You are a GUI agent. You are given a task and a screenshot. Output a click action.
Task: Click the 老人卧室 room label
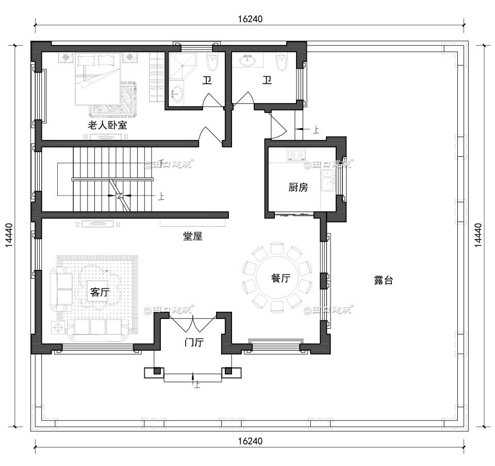[x=107, y=125]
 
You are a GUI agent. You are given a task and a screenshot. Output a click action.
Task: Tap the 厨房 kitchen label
[x=298, y=187]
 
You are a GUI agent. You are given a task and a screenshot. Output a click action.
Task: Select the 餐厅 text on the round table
[x=280, y=278]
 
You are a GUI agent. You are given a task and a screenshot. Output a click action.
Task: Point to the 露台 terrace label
[x=383, y=280]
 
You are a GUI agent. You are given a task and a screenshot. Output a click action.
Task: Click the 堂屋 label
[x=193, y=236]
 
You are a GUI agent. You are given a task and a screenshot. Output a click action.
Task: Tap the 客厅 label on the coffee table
[x=100, y=293]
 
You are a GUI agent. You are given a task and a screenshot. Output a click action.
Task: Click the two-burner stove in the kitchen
[x=296, y=154]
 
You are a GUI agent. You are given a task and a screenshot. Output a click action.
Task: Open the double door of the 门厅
[x=192, y=325]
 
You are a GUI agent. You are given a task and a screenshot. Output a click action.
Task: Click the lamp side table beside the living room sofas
[x=58, y=327]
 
